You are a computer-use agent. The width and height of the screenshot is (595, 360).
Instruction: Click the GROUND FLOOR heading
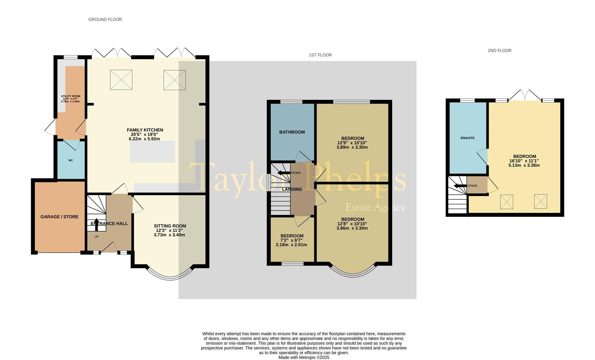(x=105, y=19)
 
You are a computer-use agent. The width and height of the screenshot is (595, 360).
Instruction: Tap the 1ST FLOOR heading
(x=320, y=55)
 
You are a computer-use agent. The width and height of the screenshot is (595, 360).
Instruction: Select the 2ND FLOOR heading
(x=499, y=51)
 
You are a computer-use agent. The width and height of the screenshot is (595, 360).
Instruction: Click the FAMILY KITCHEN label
(x=145, y=130)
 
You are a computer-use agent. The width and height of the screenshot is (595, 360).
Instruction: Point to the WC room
(x=71, y=160)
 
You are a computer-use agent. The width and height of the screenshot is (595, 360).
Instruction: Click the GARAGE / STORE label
(x=59, y=217)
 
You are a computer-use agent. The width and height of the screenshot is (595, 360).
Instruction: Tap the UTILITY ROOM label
(x=71, y=96)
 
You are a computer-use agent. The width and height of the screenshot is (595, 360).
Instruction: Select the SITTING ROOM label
(x=170, y=226)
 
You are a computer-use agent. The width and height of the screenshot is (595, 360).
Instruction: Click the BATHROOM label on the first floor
(x=292, y=132)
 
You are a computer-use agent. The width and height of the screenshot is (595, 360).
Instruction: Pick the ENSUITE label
(x=467, y=138)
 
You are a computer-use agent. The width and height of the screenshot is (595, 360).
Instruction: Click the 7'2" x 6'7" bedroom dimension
(x=292, y=240)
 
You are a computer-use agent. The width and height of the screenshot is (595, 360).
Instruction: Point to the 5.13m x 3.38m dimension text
(x=524, y=165)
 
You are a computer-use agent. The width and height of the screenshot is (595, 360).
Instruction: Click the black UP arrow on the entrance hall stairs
(x=97, y=225)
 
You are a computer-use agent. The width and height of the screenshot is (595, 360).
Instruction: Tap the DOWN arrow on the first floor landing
(x=284, y=173)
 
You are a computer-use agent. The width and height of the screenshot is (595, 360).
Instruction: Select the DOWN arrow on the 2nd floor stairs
(x=460, y=186)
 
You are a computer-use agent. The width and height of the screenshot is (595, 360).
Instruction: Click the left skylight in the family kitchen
(x=121, y=80)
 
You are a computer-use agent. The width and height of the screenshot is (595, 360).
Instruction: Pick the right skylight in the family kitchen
(x=175, y=80)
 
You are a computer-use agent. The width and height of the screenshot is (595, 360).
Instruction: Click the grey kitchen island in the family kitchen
(x=152, y=152)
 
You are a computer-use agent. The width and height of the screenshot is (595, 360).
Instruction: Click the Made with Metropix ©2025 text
(x=304, y=357)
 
